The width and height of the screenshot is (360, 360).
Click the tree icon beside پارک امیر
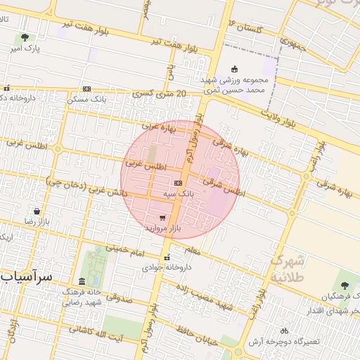pos(25,37)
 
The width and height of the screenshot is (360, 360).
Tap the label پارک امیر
pos(26,49)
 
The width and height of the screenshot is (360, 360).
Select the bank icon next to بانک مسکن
pos(86,89)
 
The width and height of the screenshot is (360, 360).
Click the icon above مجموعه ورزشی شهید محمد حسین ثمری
pos(235,70)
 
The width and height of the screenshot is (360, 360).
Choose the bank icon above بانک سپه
pos(177,181)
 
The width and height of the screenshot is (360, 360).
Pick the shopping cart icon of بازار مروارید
pos(163,218)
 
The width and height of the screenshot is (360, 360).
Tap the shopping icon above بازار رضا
pos(35,210)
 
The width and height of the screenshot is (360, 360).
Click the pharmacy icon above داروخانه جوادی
pos(167,256)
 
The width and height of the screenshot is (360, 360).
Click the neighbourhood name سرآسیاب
pos(27,277)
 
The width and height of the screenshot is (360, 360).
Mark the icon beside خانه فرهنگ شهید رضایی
pos(82,281)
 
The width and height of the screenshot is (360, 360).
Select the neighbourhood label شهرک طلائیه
pos(288,268)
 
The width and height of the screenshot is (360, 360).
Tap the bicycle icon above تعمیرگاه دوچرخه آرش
pos(284,330)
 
